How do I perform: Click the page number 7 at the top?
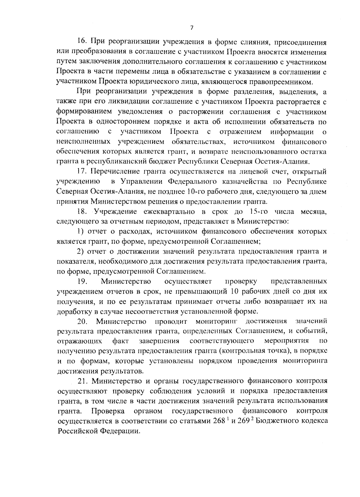click(192, 28)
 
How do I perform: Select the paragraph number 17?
click(82, 171)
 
